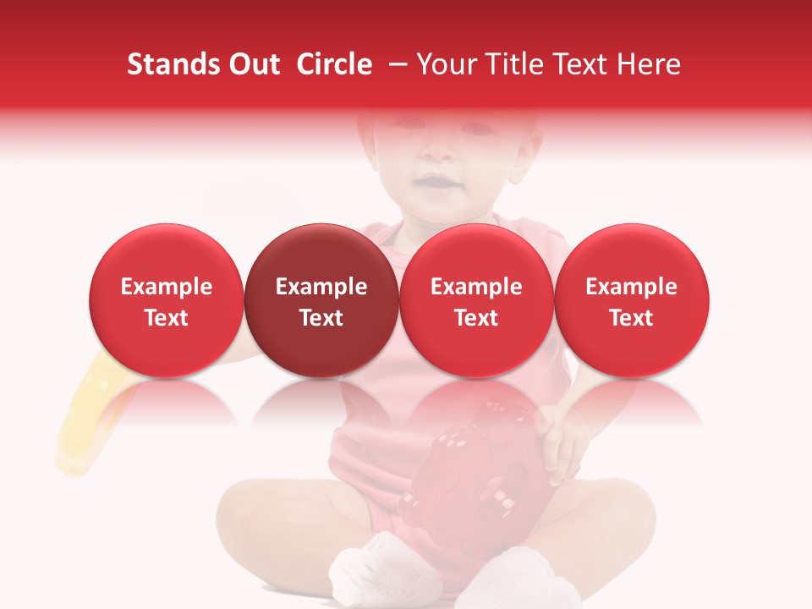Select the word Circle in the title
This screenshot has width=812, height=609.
pos(334,64)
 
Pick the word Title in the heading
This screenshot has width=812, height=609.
pos(516,64)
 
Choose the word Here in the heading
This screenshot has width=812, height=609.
pos(649,64)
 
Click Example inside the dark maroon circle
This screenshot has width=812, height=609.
pos(321,287)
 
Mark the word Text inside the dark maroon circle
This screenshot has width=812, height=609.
pos(321,318)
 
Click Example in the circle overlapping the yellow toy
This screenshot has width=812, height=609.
pos(166,287)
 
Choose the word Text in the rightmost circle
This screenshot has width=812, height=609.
pos(631,318)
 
